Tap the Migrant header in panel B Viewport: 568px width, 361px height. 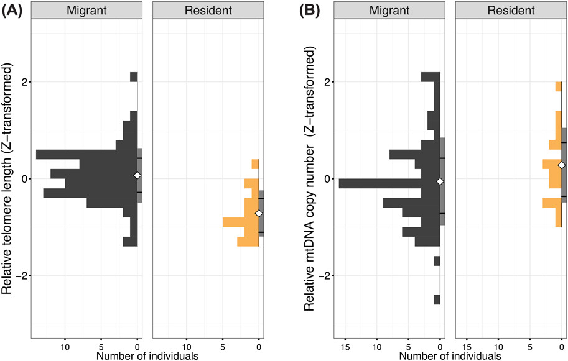pyautogui.click(x=389, y=10)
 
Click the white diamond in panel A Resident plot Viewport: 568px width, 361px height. pyautogui.click(x=259, y=214)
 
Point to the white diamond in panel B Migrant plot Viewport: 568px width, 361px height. pyautogui.click(x=440, y=181)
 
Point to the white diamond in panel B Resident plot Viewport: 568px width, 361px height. pyautogui.click(x=562, y=165)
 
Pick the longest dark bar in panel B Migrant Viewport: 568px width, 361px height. pyautogui.click(x=389, y=183)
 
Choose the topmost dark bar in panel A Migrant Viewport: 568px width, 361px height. pyautogui.click(x=133, y=77)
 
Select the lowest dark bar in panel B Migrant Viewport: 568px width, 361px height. pyautogui.click(x=437, y=300)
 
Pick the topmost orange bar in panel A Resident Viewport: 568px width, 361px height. pyautogui.click(x=255, y=164)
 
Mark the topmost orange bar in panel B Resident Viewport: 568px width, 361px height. pyautogui.click(x=559, y=87)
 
